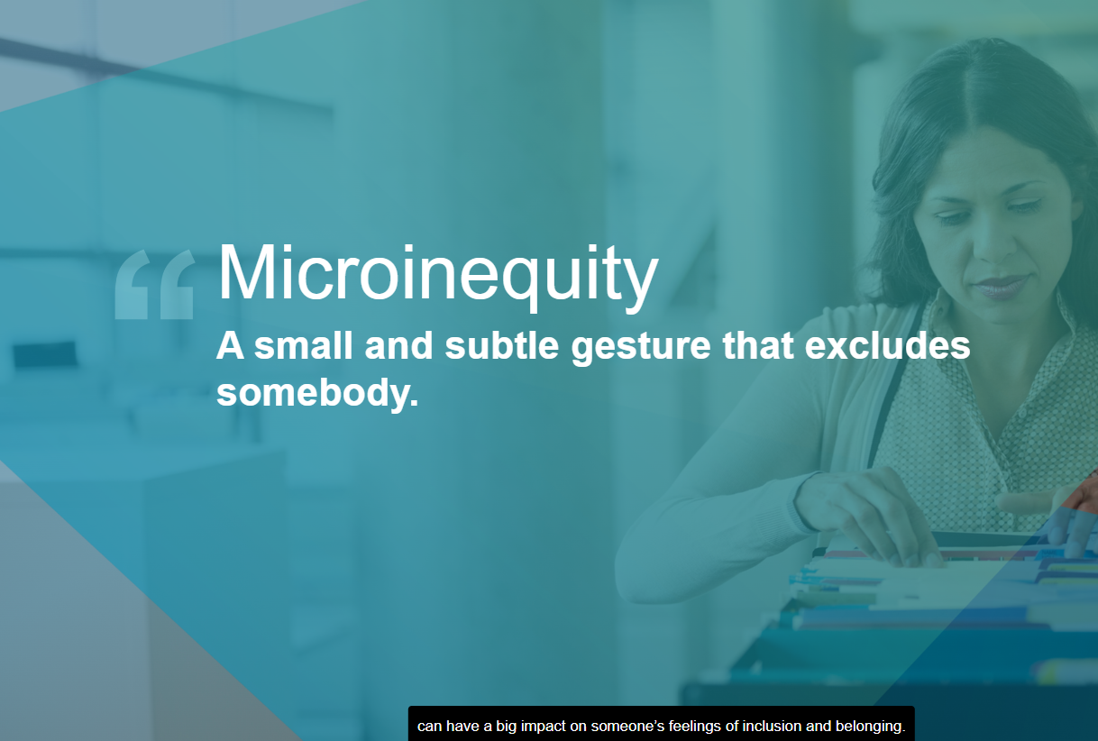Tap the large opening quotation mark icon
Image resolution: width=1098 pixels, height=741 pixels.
(x=155, y=285)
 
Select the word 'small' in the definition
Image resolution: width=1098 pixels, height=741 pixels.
(x=303, y=346)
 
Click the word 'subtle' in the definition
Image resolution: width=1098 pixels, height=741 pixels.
(x=501, y=346)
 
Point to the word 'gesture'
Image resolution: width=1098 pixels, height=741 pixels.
(x=641, y=349)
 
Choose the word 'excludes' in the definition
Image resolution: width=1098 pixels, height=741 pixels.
(x=887, y=346)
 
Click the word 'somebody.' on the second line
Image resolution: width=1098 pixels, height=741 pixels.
(x=317, y=392)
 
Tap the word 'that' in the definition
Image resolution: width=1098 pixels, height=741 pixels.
(x=758, y=346)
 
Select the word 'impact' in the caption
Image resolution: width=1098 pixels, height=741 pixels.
(x=543, y=727)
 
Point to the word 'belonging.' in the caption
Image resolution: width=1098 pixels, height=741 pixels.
(x=870, y=727)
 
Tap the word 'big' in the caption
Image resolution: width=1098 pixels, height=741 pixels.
(x=506, y=727)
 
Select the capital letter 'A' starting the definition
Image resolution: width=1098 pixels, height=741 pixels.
(x=231, y=346)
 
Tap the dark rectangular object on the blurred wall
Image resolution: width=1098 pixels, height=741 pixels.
(x=44, y=354)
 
